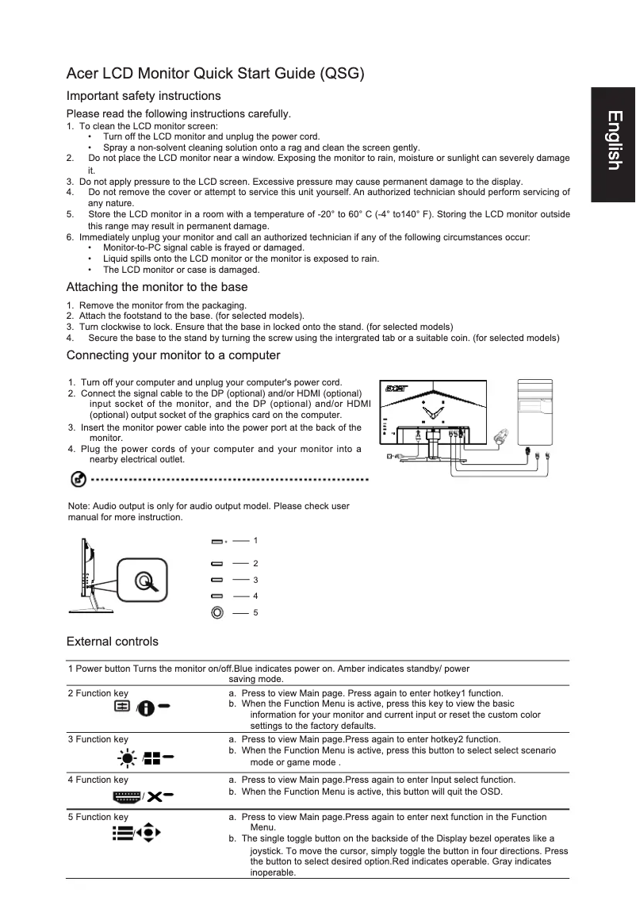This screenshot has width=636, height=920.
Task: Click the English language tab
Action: (613, 142)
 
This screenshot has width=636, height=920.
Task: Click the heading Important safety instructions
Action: (144, 96)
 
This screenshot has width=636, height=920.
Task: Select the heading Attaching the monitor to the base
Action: (157, 287)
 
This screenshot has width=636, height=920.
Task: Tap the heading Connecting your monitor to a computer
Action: (173, 355)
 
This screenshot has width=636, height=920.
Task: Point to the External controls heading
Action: (113, 642)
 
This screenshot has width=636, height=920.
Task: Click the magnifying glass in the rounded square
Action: (144, 583)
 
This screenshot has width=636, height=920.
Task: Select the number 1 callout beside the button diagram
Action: (255, 540)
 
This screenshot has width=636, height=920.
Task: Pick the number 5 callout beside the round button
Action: (255, 612)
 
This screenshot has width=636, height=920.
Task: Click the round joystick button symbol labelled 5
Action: (217, 612)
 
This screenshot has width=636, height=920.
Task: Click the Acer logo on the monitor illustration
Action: (396, 389)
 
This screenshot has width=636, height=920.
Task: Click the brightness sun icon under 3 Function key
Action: (125, 758)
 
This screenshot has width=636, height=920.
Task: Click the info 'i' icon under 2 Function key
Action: (145, 707)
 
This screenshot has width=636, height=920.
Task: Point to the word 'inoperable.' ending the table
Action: (273, 872)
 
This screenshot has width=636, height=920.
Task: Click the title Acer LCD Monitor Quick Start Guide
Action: (216, 75)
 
